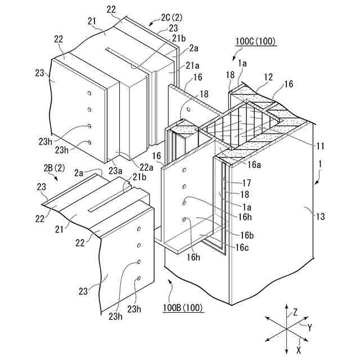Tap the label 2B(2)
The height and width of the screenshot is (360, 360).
point(54,167)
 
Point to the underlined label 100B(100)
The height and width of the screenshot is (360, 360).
point(182,308)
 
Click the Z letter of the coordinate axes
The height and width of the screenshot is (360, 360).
point(295,312)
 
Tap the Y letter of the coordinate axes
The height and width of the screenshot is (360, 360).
point(309,326)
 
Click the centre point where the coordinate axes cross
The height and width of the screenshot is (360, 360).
point(286,328)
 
